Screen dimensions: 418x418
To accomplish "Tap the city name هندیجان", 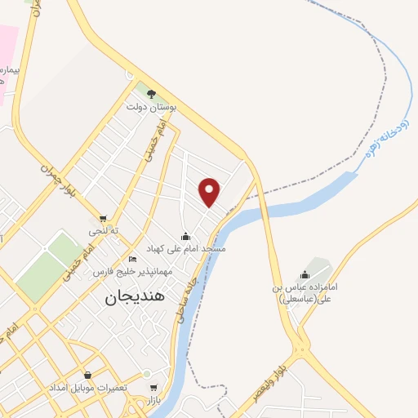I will (x=136, y=298).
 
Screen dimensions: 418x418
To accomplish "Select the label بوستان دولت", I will (x=147, y=106).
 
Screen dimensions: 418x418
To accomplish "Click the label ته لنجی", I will (x=104, y=231).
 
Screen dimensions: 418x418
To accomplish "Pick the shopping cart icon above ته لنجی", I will (x=103, y=219).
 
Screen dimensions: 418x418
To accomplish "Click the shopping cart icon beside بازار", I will (x=153, y=388).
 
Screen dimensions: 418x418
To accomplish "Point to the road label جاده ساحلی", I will (x=180, y=303).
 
